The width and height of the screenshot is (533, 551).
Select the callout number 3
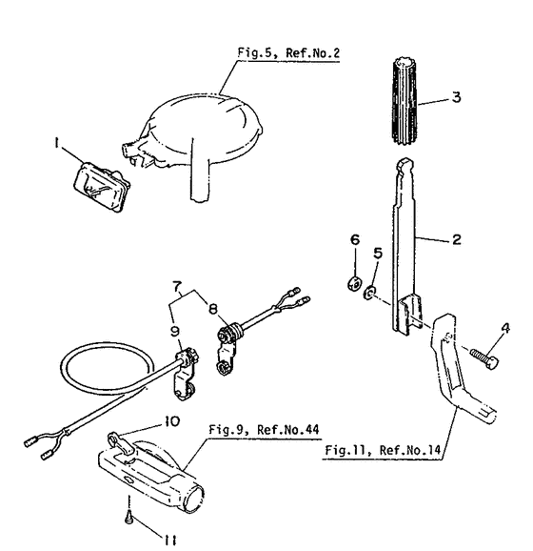[x=458, y=96]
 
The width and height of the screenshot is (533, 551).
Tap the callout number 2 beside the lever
[x=458, y=240]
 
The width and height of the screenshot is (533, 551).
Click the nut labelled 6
[x=351, y=281]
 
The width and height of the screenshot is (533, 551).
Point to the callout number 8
[x=212, y=308]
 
